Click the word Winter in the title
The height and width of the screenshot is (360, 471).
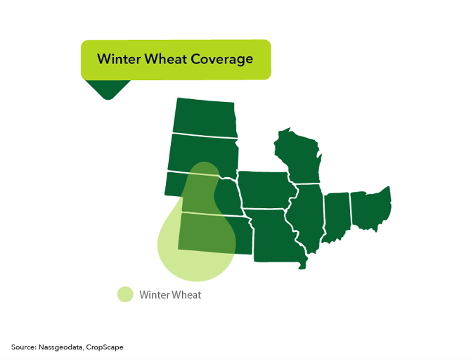pyautogui.click(x=119, y=59)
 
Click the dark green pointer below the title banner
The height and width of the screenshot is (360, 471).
pyautogui.click(x=107, y=89)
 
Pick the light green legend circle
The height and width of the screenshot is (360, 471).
pyautogui.click(x=125, y=295)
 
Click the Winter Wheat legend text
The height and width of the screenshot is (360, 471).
pyautogui.click(x=170, y=295)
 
